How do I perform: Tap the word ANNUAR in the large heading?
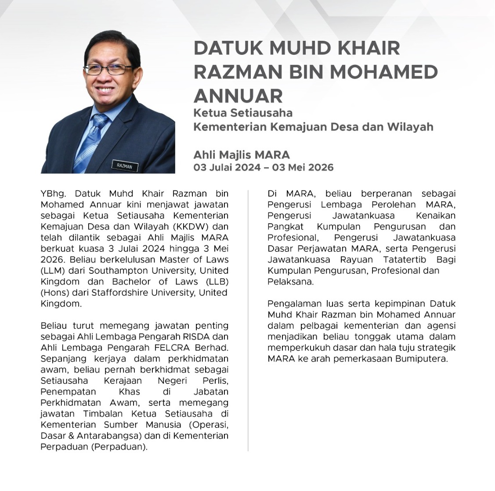point(238,95)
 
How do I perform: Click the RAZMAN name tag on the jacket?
point(125,166)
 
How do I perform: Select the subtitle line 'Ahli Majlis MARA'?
point(242,154)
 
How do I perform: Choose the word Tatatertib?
point(405,259)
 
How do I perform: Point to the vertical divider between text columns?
point(248,320)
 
